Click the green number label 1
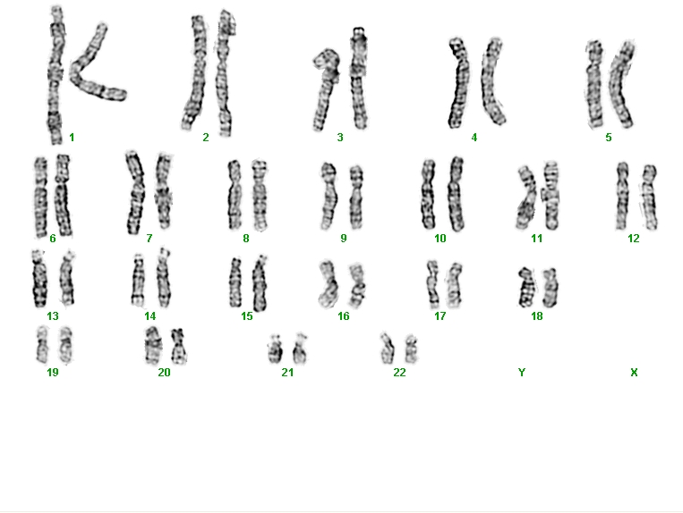click(72, 138)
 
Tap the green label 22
click(399, 373)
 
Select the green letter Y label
click(521, 372)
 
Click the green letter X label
click(634, 372)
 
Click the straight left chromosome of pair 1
click(55, 76)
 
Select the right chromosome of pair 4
click(492, 81)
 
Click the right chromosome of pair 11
click(551, 195)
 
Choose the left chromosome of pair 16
click(328, 284)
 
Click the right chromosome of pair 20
click(179, 346)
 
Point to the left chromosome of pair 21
click(275, 349)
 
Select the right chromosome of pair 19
click(66, 345)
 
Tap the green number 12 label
click(634, 239)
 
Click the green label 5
click(609, 138)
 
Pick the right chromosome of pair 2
click(225, 73)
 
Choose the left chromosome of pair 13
click(39, 278)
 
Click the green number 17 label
click(440, 316)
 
